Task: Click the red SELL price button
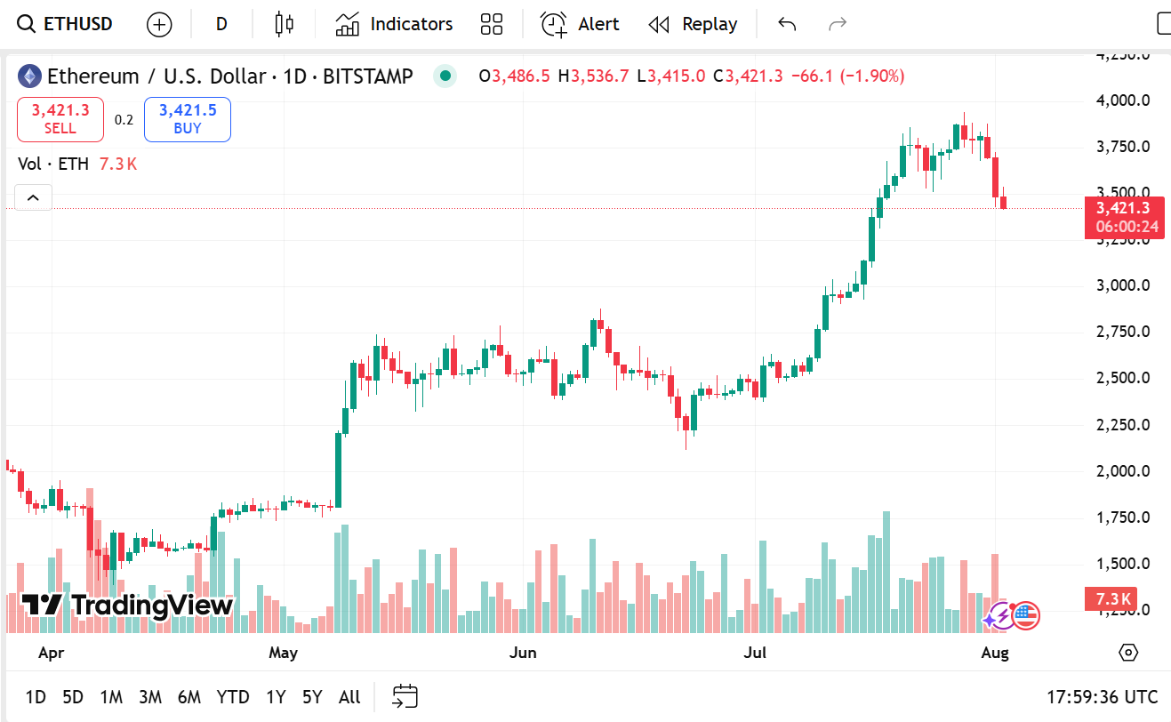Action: click(60, 119)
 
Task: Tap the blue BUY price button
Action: click(188, 119)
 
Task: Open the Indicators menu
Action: click(394, 24)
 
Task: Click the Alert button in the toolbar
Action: click(581, 24)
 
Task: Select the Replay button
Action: click(694, 24)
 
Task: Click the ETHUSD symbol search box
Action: click(67, 24)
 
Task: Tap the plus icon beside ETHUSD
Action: click(159, 24)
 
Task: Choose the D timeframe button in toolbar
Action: click(221, 24)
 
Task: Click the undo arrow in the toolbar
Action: click(787, 24)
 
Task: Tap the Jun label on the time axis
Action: click(523, 653)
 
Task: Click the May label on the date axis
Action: click(283, 653)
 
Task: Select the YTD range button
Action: click(233, 697)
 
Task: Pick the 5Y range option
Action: click(312, 697)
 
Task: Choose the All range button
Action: click(349, 697)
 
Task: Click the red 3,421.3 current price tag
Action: click(1124, 217)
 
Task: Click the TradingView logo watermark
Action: click(127, 606)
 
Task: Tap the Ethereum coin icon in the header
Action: click(29, 76)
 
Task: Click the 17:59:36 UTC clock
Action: click(1103, 697)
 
